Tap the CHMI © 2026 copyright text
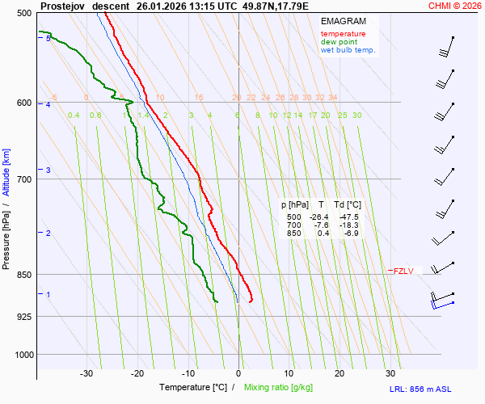click(x=455, y=6)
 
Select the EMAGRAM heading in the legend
click(x=342, y=20)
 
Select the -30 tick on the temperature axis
click(x=86, y=373)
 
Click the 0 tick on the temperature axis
click(x=238, y=373)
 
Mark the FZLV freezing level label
click(x=403, y=271)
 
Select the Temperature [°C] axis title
click(x=193, y=388)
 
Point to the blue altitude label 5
click(x=48, y=39)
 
